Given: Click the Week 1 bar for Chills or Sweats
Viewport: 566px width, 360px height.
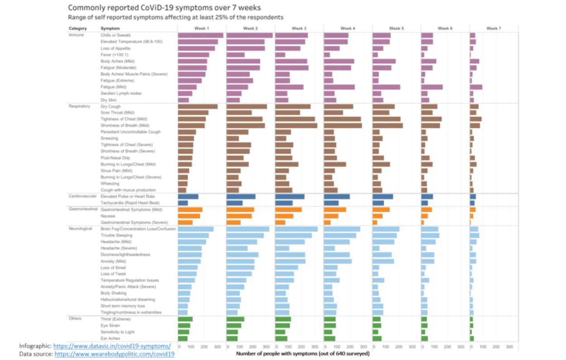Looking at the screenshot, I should point(201,35).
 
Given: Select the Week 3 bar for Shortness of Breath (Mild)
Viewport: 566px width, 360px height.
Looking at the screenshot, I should point(296,125).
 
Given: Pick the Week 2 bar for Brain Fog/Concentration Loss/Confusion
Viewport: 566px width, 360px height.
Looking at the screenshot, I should point(248,229).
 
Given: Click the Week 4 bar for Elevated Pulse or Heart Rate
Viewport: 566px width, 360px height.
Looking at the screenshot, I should point(337,197).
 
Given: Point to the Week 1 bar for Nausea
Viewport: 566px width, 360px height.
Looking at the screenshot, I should point(189,216).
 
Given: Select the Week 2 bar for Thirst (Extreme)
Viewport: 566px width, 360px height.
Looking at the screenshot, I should point(235,319).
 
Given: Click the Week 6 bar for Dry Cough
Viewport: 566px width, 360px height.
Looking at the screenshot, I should point(429,106).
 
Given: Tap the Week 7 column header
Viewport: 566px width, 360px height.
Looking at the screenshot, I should point(494,28).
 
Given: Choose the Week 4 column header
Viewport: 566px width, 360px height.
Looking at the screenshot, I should point(348,28).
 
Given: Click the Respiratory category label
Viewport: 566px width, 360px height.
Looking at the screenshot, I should point(80,106).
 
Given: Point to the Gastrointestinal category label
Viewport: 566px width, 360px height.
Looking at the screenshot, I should point(83,210).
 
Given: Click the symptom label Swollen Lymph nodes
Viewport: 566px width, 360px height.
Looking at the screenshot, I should point(121,93).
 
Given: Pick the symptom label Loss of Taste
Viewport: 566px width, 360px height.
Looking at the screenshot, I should point(113,274).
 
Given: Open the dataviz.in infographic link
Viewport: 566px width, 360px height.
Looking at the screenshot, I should point(112,346).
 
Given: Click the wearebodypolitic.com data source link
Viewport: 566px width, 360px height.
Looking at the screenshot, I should point(115,354).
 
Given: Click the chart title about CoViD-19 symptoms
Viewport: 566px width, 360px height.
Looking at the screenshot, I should point(164,8).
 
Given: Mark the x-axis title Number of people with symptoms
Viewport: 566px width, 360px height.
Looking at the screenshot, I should point(302,353).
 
